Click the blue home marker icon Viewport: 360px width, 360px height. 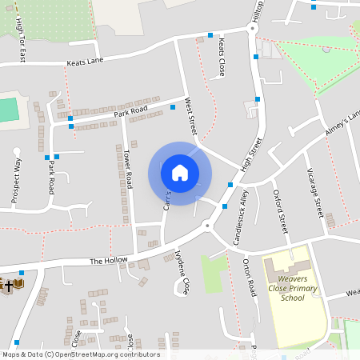pyautogui.click(x=180, y=173)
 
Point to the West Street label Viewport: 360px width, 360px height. pyautogui.click(x=190, y=117)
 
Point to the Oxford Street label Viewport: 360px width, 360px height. pyautogui.click(x=281, y=211)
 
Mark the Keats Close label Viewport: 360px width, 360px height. pyautogui.click(x=221, y=55)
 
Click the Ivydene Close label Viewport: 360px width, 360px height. pyautogui.click(x=182, y=272)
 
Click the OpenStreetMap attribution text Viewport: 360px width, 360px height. pyautogui.click(x=81, y=354)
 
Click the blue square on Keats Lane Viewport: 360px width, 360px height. pyautogui.click(x=210, y=35)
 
